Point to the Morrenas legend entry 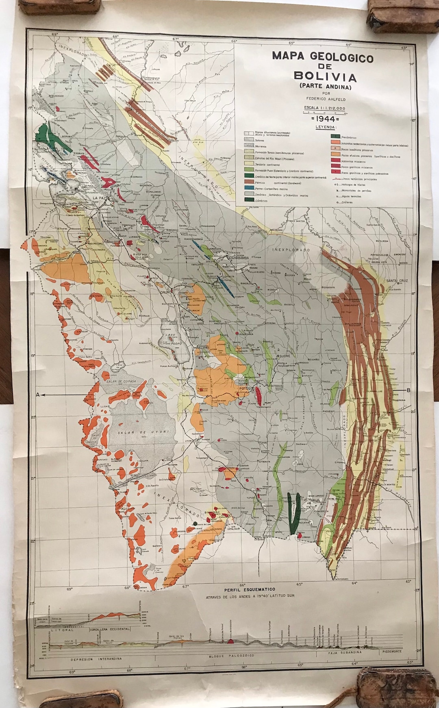[260, 146]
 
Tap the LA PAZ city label [100, 198]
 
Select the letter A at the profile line [38, 394]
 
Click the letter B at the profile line [408, 390]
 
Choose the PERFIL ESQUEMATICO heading [249, 589]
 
